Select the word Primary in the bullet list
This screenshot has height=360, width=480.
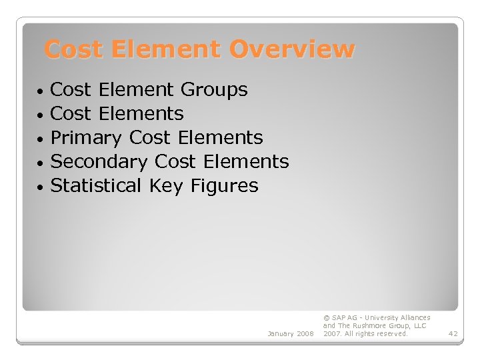tap(86, 138)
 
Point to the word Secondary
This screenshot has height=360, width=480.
tap(99, 162)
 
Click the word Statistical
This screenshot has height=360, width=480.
tap(96, 185)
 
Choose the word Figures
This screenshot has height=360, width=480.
tap(224, 186)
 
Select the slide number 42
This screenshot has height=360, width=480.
tap(453, 333)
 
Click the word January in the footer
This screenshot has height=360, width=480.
tap(281, 333)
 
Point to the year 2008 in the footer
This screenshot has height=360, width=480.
tap(306, 333)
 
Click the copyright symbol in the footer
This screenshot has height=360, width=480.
tap(326, 318)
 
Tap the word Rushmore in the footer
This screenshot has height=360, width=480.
tap(371, 326)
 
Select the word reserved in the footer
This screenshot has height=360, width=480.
tap(391, 333)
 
